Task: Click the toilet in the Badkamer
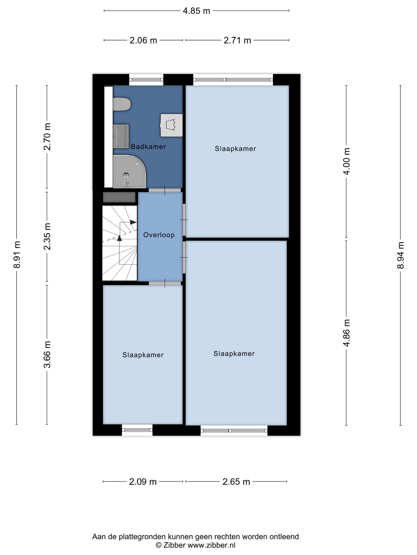(x=122, y=104)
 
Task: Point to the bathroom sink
(x=121, y=136)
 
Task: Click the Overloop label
(x=159, y=235)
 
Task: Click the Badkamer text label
(x=148, y=147)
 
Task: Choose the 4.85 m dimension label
(x=196, y=11)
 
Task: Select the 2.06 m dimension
(x=143, y=40)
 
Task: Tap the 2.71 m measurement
(x=237, y=40)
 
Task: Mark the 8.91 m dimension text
(x=17, y=255)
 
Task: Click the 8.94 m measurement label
(x=400, y=255)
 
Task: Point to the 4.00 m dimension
(x=347, y=161)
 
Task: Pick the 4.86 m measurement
(x=347, y=333)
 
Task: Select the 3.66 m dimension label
(x=47, y=354)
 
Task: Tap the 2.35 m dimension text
(x=47, y=236)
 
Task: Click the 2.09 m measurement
(x=143, y=482)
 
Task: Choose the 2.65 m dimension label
(x=236, y=482)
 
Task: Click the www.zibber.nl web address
(x=211, y=545)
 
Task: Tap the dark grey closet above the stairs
(x=119, y=197)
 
